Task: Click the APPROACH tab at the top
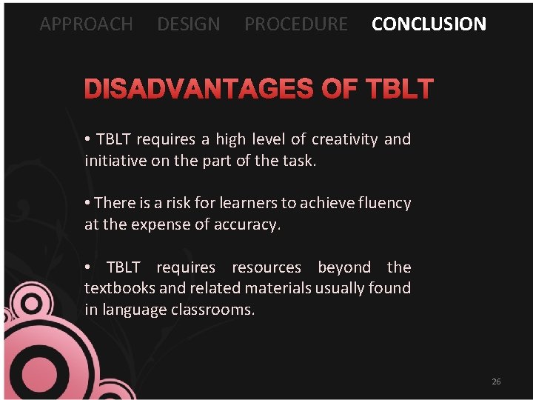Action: point(86,24)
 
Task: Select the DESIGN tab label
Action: point(188,24)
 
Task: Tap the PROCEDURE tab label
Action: point(295,24)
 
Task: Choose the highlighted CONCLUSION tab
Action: point(429,24)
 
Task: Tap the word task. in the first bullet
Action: point(298,160)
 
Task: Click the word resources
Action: point(266,267)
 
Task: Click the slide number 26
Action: point(496,381)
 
